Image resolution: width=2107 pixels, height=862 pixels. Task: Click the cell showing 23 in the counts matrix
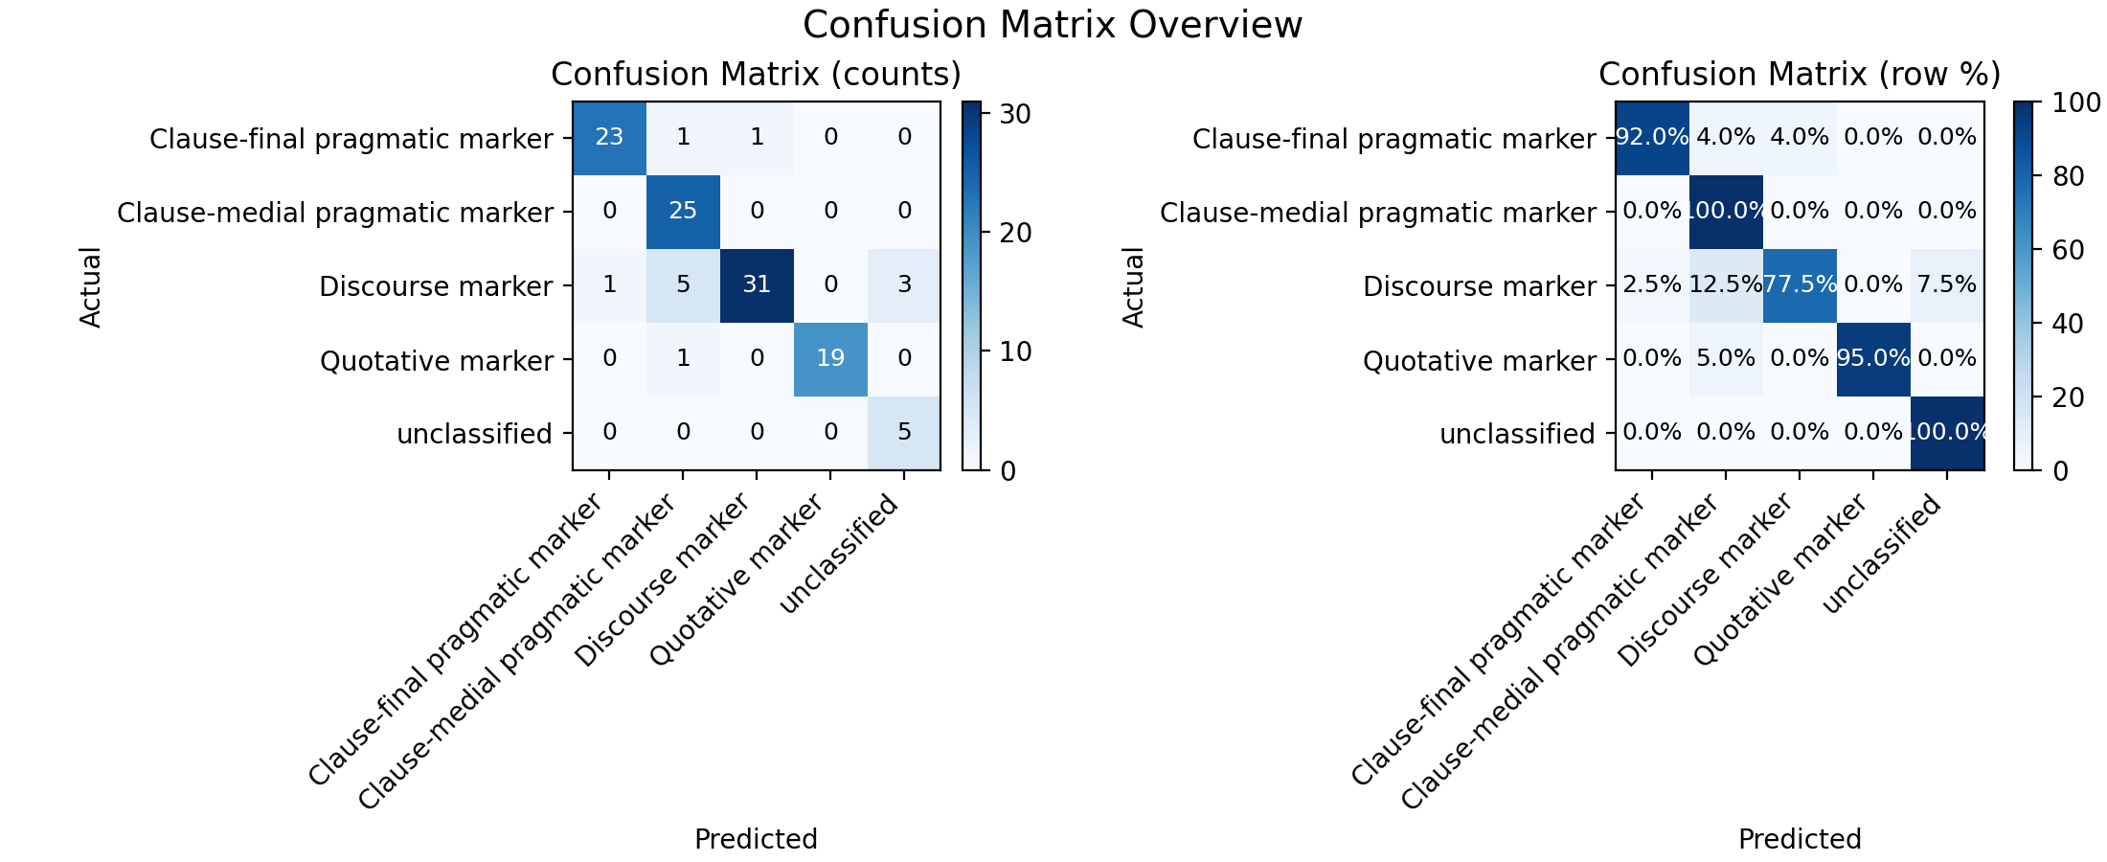(x=609, y=138)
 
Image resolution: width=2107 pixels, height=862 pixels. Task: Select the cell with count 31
(x=757, y=285)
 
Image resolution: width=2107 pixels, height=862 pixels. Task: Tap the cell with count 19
(x=830, y=359)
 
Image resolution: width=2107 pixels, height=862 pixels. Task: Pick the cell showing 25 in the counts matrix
(x=683, y=212)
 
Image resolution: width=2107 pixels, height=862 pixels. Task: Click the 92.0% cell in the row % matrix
(x=1652, y=138)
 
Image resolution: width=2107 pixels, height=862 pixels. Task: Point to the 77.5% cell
(x=1800, y=285)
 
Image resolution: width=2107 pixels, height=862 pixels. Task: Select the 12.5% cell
(x=1726, y=285)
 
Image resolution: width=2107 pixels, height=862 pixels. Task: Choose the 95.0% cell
(x=1873, y=359)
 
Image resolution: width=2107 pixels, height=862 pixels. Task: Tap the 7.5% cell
(x=1947, y=285)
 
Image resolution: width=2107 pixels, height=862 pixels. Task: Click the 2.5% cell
(x=1652, y=285)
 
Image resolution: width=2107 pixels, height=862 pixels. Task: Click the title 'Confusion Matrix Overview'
(x=1053, y=25)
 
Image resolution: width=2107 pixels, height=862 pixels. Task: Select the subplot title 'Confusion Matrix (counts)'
(x=756, y=75)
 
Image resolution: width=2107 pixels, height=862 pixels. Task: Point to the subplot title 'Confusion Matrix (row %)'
(x=1800, y=75)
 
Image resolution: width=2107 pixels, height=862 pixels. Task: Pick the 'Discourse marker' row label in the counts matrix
(x=436, y=286)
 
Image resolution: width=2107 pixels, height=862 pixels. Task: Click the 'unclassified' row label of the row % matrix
(x=1517, y=434)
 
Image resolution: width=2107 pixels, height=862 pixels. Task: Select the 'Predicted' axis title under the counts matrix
(x=756, y=839)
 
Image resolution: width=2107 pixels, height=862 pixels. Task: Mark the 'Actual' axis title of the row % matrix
(x=1134, y=286)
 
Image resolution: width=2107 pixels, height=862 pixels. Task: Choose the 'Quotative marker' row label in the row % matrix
(x=1480, y=361)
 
